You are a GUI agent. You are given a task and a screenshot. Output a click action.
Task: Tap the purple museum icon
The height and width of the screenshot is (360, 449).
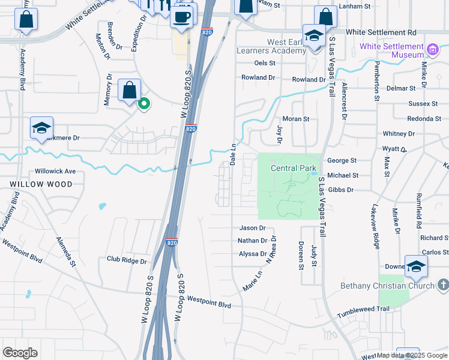coord(432,47)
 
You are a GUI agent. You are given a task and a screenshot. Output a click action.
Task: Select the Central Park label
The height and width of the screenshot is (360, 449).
coord(293,168)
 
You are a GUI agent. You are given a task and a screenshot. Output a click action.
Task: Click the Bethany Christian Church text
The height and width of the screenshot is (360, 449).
coord(387,285)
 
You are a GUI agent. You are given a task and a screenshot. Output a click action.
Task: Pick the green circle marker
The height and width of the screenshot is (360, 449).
coord(143,104)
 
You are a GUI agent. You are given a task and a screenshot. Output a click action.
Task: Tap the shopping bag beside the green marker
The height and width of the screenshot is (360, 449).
coord(129,91)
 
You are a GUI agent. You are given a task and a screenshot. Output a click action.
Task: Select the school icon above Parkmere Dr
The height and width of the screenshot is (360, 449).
coord(42,128)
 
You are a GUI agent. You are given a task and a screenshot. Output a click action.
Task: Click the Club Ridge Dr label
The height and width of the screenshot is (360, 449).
coord(127,260)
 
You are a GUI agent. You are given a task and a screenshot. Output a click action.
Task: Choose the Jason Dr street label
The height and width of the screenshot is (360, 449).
coord(252,228)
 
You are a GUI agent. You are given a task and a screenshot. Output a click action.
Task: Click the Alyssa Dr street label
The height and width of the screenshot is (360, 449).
coord(253,254)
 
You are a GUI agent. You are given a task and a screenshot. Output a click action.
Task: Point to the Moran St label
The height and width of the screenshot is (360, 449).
coord(295,119)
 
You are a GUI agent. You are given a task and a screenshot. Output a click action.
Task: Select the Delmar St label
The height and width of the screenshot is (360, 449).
coord(402,88)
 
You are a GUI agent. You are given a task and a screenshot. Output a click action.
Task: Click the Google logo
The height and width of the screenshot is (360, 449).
coord(20,353)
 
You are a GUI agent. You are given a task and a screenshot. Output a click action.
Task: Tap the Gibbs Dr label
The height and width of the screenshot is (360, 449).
coord(342,190)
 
